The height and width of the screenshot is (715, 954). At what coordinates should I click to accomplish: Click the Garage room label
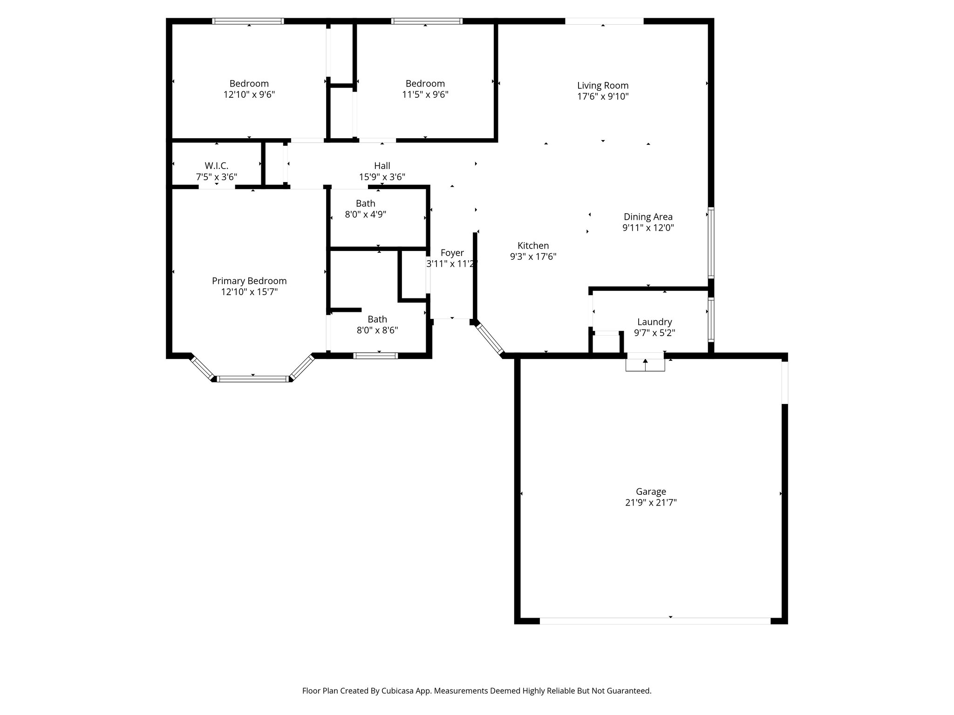click(x=651, y=492)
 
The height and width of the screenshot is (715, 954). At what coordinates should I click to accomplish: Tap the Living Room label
click(x=603, y=86)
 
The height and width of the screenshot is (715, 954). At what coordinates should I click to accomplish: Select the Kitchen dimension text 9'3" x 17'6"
click(x=533, y=256)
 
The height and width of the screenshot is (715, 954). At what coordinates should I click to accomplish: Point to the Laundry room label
click(x=654, y=322)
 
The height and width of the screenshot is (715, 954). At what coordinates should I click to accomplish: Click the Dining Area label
click(x=648, y=217)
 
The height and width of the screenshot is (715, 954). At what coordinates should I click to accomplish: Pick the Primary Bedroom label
click(x=249, y=281)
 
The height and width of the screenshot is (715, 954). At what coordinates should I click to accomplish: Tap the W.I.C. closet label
click(x=217, y=166)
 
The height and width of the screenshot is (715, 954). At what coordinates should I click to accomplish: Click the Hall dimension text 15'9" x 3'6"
click(x=382, y=177)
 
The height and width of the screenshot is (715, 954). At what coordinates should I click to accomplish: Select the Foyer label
click(x=452, y=253)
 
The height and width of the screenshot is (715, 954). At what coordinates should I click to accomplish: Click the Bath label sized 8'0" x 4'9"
click(x=366, y=203)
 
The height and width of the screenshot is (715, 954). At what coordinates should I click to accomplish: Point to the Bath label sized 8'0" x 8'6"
click(x=377, y=319)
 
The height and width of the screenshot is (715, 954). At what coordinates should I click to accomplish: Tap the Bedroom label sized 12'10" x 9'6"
click(x=249, y=84)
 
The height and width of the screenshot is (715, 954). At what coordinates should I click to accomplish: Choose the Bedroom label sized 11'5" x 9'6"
click(x=425, y=84)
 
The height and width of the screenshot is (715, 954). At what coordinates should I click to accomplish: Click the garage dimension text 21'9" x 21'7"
click(x=651, y=503)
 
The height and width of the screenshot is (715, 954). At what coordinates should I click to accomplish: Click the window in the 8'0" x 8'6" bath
click(x=375, y=356)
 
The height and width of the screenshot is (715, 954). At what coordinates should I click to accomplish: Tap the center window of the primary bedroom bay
click(x=253, y=379)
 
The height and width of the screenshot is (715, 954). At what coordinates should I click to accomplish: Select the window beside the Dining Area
click(x=711, y=243)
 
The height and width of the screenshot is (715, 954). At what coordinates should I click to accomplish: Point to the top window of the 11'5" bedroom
click(x=427, y=21)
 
